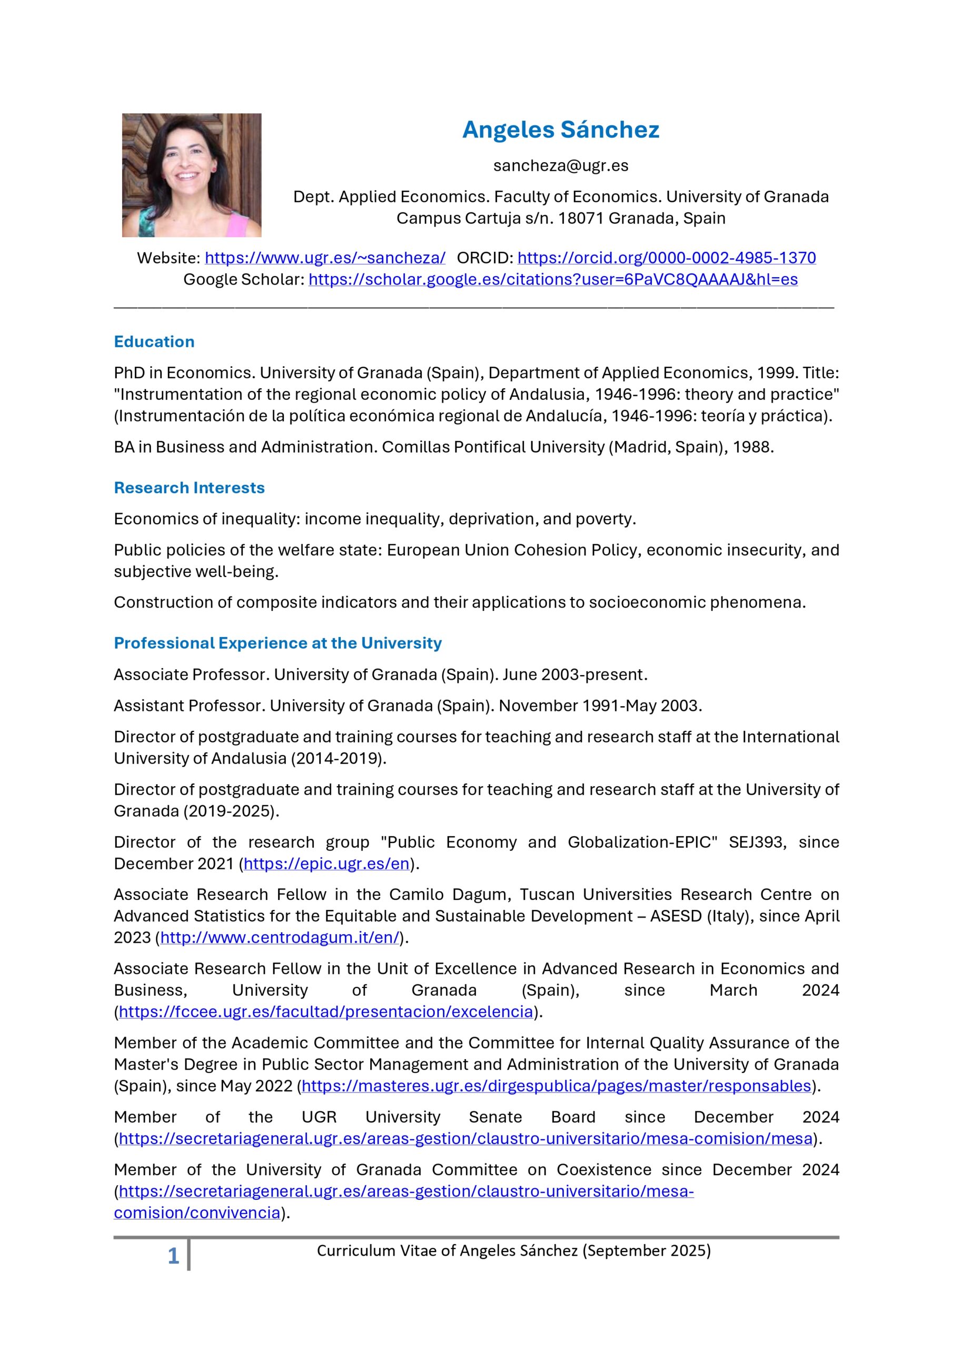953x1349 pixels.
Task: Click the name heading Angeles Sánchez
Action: point(560,130)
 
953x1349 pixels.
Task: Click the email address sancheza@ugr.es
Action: point(560,165)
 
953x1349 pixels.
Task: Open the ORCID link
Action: point(666,258)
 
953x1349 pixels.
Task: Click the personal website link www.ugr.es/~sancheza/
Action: point(325,258)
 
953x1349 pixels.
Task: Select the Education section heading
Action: point(154,342)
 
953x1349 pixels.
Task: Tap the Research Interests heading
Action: point(189,487)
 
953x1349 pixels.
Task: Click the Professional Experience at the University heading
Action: point(277,643)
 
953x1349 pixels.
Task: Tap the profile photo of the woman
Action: point(192,175)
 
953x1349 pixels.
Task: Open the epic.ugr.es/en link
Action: point(326,864)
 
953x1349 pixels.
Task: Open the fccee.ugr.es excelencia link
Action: point(325,1011)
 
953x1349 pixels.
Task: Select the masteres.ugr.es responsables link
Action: point(555,1085)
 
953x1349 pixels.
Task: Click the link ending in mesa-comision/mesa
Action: point(465,1138)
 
